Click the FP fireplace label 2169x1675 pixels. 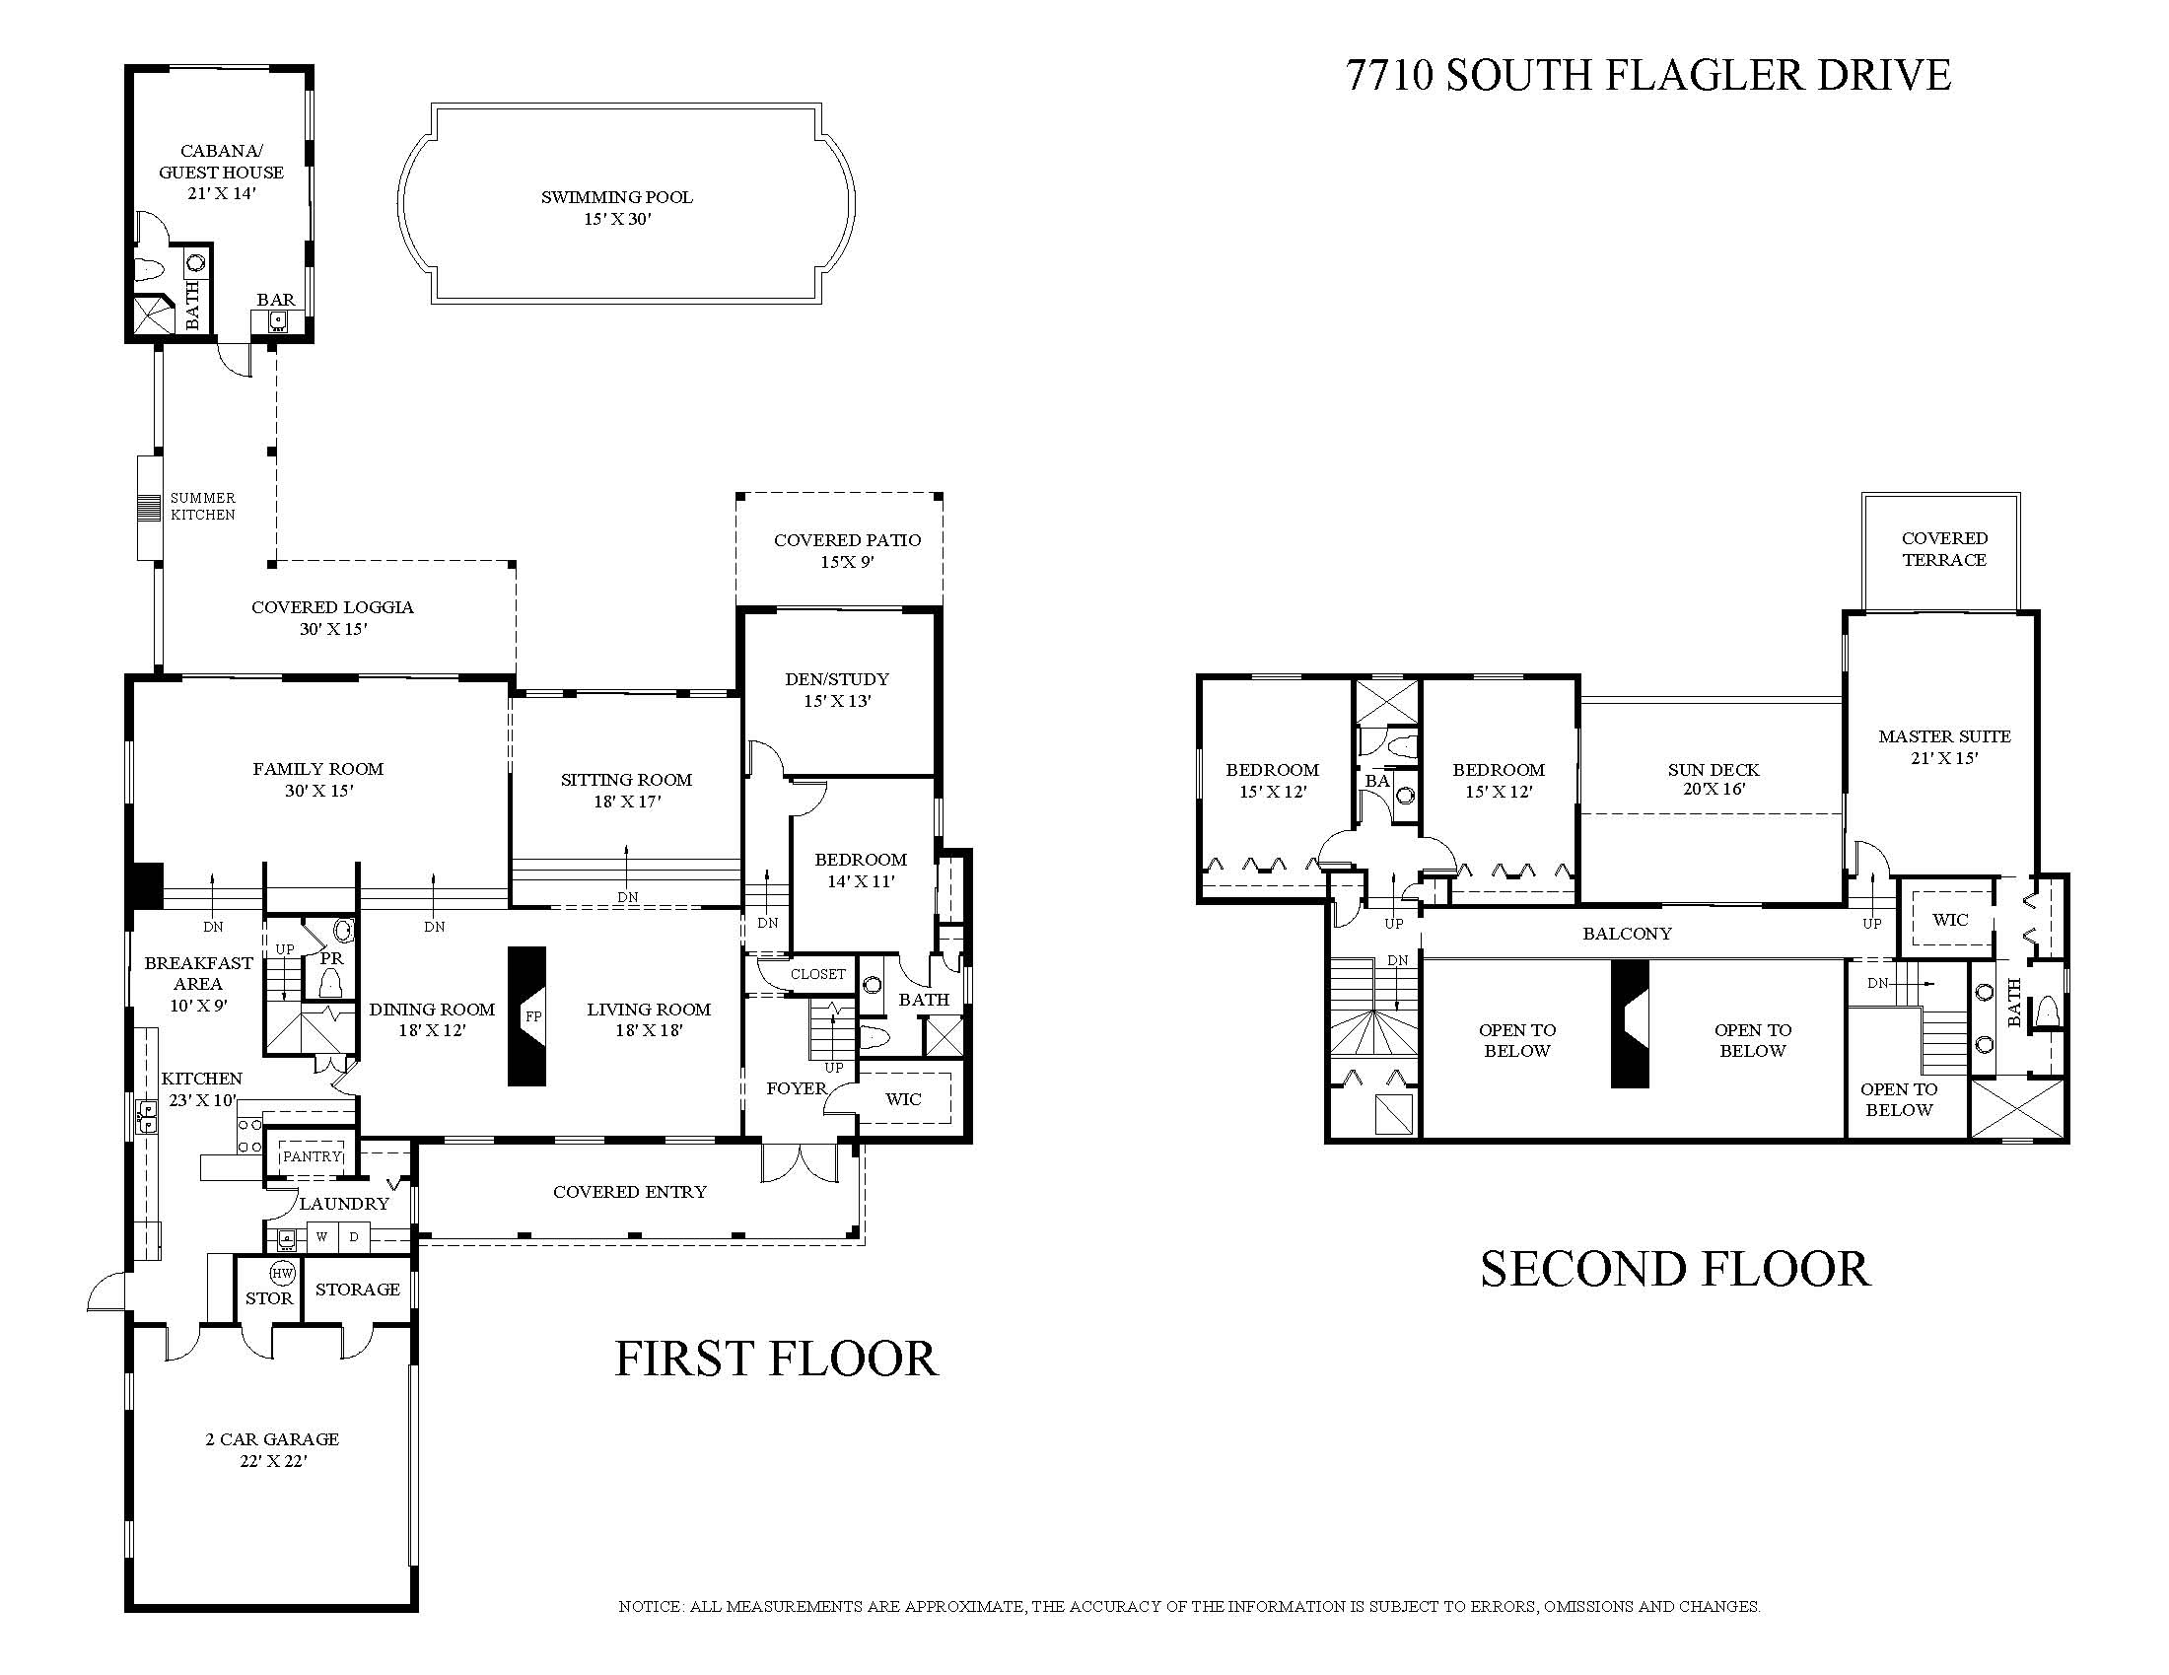click(533, 1016)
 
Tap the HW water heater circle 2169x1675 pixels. click(282, 1274)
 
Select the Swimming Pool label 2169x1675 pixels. click(617, 197)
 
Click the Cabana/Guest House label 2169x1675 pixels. click(222, 162)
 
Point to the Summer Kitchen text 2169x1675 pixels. click(202, 507)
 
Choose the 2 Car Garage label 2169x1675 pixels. click(272, 1438)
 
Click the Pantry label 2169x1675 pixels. click(312, 1156)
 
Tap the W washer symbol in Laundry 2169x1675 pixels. click(321, 1237)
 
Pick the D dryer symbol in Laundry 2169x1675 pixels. click(354, 1237)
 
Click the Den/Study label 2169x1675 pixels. click(837, 679)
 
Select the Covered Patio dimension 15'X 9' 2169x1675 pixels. click(847, 562)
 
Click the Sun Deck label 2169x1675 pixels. click(1714, 770)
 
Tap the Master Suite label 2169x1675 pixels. click(1944, 736)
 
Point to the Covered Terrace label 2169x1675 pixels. click(1944, 549)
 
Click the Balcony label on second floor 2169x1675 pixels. click(1627, 934)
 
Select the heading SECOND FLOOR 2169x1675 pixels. click(1675, 1269)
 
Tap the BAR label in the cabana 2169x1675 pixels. click(275, 300)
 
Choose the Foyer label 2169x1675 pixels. click(797, 1088)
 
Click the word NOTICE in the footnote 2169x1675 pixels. click(651, 1607)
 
